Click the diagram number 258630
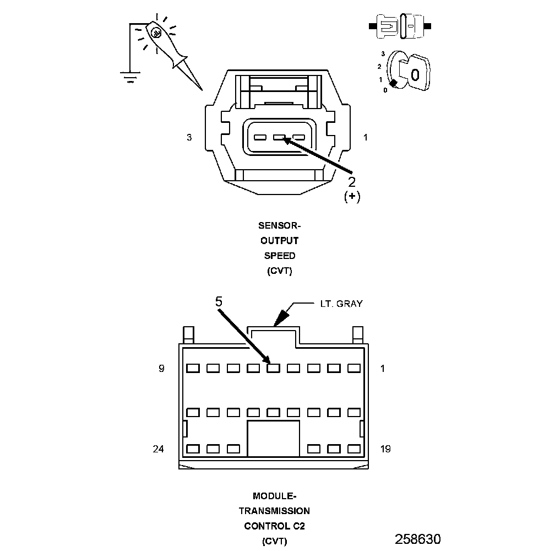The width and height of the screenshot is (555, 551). tap(418, 538)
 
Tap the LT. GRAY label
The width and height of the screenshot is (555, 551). tap(341, 303)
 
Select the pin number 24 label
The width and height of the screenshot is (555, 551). tap(159, 449)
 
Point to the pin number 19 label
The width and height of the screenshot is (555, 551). tap(385, 449)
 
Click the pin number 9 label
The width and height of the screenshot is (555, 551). tap(161, 369)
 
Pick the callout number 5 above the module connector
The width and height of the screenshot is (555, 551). tap(219, 301)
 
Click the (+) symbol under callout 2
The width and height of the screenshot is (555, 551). tap(352, 197)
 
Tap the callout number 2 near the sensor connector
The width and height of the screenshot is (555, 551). tap(352, 181)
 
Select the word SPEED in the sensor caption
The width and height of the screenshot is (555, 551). tap(280, 256)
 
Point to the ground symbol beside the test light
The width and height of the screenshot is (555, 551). tap(130, 79)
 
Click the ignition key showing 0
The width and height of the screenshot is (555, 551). tap(415, 73)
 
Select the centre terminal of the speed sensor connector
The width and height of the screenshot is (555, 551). tap(279, 138)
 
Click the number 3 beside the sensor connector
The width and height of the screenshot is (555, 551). tap(189, 138)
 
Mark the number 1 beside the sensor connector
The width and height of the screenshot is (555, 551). tap(366, 138)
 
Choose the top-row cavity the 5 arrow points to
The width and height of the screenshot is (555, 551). tap(274, 368)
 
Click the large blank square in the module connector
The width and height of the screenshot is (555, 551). tap(274, 439)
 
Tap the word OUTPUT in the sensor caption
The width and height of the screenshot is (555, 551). tap(280, 241)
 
